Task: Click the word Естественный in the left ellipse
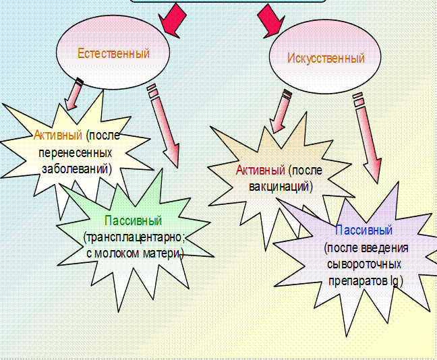pyautogui.click(x=113, y=53)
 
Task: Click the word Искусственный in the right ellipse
pyautogui.click(x=326, y=58)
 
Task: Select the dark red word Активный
pyautogui.click(x=260, y=169)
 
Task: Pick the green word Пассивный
pyautogui.click(x=134, y=220)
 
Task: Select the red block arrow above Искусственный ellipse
pyautogui.click(x=269, y=18)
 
